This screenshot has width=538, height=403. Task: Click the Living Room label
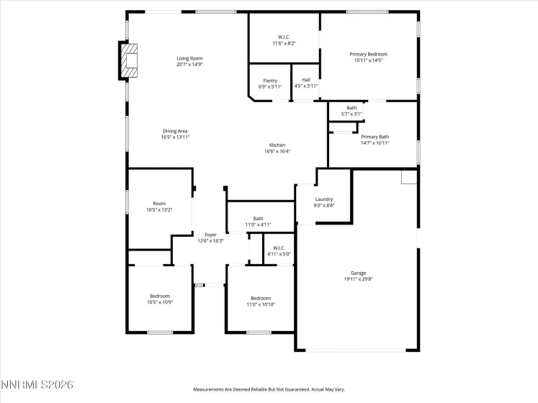(x=189, y=58)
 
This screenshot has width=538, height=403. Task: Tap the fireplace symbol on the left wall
(x=130, y=60)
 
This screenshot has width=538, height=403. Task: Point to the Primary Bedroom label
(x=368, y=55)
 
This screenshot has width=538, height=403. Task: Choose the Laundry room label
(x=323, y=199)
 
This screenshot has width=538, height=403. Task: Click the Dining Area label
(x=175, y=131)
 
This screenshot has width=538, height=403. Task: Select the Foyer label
(x=210, y=235)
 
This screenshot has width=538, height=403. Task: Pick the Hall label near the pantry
(x=305, y=81)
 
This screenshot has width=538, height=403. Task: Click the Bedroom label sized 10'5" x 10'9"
(x=160, y=296)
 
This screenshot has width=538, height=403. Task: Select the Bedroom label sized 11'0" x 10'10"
(x=260, y=298)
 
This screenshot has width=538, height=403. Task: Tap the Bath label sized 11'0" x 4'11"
(x=258, y=219)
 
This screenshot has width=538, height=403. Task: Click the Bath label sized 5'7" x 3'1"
(x=351, y=108)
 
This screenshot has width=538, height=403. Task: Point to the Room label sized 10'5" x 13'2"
(x=160, y=204)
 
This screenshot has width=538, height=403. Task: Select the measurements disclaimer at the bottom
(x=268, y=389)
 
